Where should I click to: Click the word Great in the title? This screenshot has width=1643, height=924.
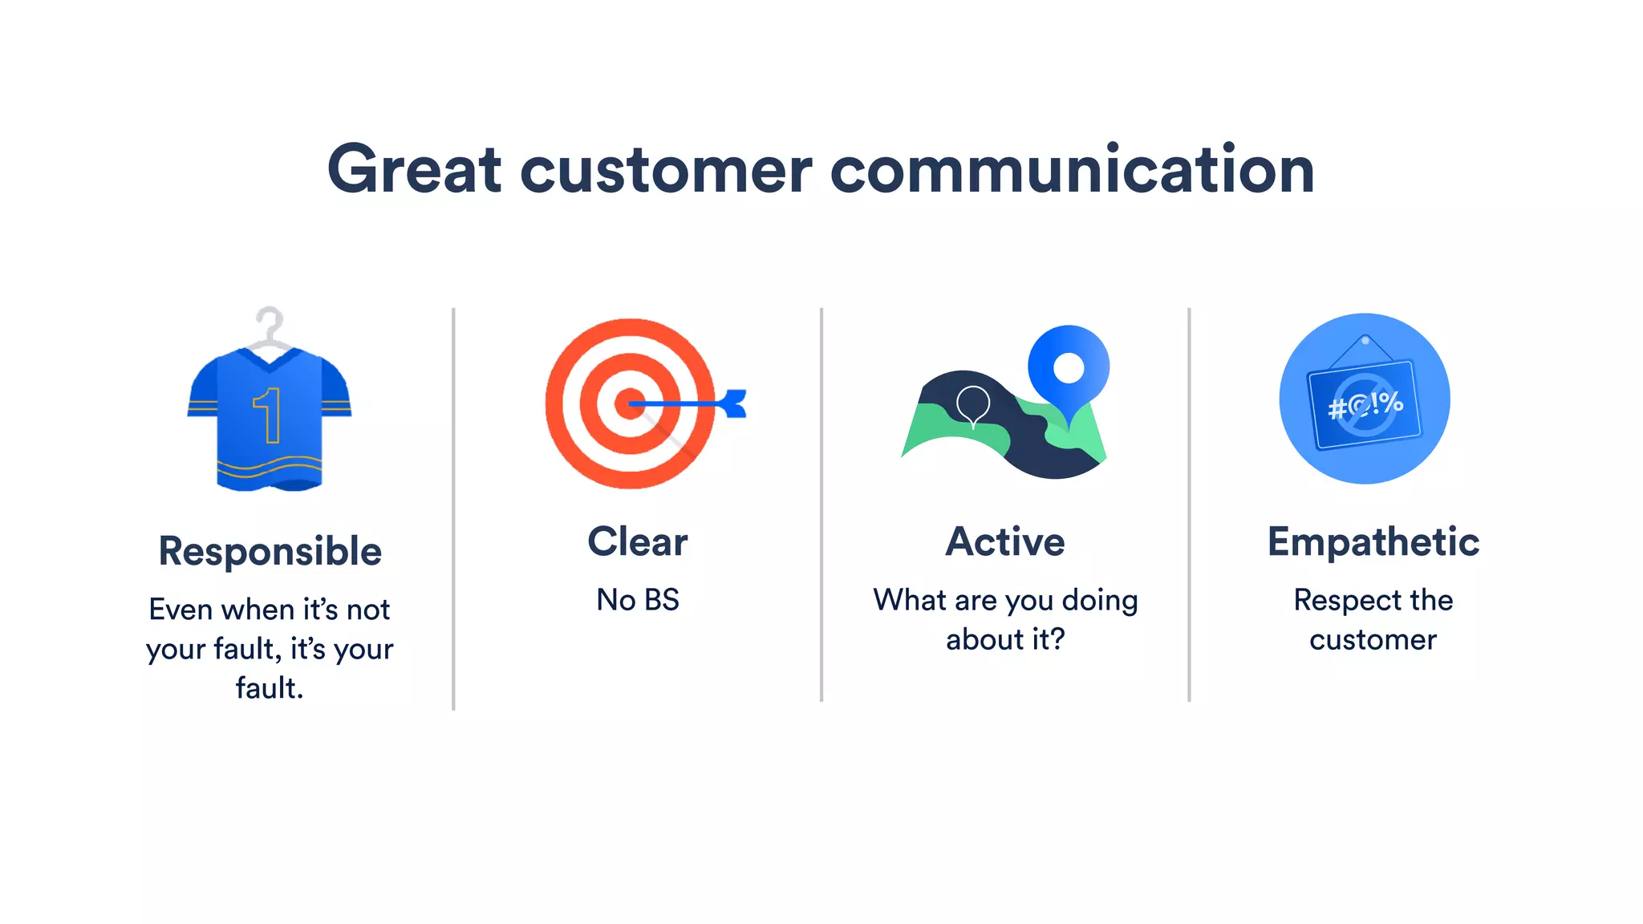click(x=414, y=169)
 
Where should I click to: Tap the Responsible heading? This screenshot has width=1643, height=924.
click(x=270, y=551)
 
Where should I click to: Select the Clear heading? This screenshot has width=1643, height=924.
click(x=637, y=541)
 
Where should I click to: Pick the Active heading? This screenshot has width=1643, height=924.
click(x=1004, y=541)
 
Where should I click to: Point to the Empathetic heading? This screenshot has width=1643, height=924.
click(x=1373, y=541)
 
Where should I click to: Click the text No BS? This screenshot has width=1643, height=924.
click(x=637, y=600)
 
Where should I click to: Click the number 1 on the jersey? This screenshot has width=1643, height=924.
click(x=269, y=415)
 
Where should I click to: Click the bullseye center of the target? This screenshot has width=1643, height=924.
click(x=628, y=403)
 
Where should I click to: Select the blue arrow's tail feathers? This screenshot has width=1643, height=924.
click(x=734, y=403)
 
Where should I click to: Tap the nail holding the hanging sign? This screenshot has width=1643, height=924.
click(x=1365, y=341)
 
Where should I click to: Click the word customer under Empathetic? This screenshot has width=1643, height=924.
click(x=1373, y=640)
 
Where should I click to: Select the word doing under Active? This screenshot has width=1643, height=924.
click(x=1099, y=600)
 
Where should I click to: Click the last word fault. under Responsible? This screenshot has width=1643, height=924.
click(x=270, y=688)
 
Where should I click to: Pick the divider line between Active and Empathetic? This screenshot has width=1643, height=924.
click(x=1189, y=505)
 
